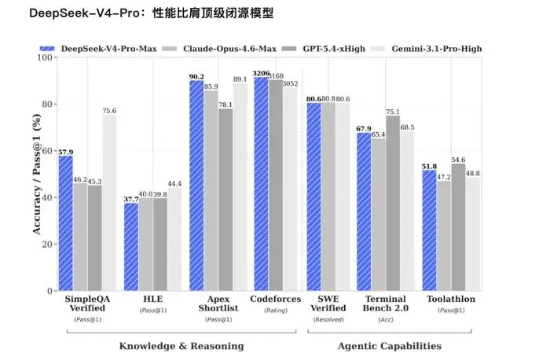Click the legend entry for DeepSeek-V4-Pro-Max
coord(98,49)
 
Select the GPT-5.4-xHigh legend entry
coord(324,49)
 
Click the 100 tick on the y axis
coord(45,57)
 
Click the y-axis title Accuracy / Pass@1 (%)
coord(37,174)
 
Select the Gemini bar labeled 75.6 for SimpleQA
coord(109,203)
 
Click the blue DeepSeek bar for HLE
coord(131,247)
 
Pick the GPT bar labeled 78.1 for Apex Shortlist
coord(225,200)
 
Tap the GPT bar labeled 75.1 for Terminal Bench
coord(393,204)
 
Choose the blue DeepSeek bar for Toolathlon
coord(429,230)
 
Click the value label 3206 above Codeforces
coord(262,73)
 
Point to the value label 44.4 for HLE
coord(174,184)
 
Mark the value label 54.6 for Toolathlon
coord(458,160)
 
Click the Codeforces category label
coord(276,299)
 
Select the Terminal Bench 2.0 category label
coord(386,303)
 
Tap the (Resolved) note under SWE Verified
coord(328,320)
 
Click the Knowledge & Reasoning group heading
coord(181,346)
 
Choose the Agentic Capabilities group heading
coord(390,346)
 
